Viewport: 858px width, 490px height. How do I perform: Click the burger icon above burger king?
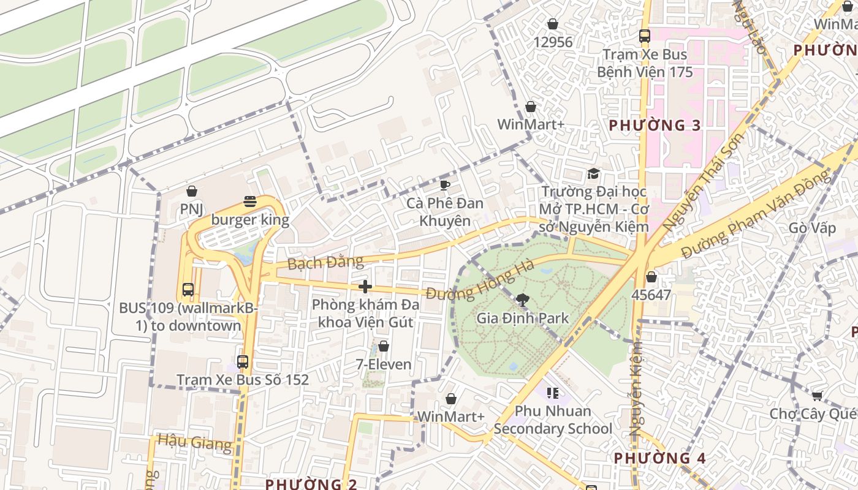[249, 201]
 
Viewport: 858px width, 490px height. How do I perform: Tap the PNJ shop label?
[191, 209]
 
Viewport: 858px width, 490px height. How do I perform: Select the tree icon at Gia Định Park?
[522, 300]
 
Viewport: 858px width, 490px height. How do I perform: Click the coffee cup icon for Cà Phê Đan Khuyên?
[445, 184]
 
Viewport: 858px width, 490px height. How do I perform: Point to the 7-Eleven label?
[384, 364]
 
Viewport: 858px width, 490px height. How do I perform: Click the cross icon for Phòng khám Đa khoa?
[365, 286]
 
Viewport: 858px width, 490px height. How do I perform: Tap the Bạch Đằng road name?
[325, 263]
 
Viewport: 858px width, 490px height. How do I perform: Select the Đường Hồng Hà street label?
[480, 282]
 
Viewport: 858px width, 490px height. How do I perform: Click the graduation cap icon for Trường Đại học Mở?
[593, 173]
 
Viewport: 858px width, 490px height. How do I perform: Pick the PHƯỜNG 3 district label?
[655, 126]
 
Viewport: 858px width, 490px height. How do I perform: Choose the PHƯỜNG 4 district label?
[660, 458]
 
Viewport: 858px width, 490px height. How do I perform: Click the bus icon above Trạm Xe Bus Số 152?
[243, 361]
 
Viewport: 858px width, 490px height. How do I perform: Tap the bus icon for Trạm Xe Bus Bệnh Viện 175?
[645, 36]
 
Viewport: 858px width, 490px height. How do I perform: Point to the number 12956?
[553, 42]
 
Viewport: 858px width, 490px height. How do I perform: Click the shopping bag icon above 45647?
[651, 277]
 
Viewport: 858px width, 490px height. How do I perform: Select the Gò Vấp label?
[812, 228]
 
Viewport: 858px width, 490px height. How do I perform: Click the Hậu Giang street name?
[194, 442]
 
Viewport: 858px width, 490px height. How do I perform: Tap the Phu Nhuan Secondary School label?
[553, 420]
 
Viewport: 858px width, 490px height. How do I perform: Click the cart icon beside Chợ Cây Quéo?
[816, 396]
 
